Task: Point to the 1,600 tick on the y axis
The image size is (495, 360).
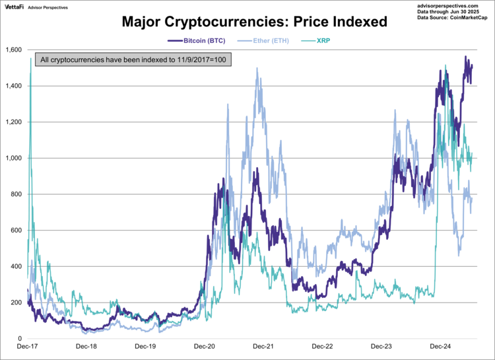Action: coord(13,50)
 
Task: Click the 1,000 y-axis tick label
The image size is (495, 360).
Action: coord(13,159)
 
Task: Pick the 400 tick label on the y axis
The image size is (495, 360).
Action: coord(16,267)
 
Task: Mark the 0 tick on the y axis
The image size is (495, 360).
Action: coord(20,339)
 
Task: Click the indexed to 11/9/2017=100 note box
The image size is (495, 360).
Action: coord(133,60)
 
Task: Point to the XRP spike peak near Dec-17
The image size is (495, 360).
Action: coord(30,59)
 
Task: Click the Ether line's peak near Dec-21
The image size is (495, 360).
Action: coord(256,68)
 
